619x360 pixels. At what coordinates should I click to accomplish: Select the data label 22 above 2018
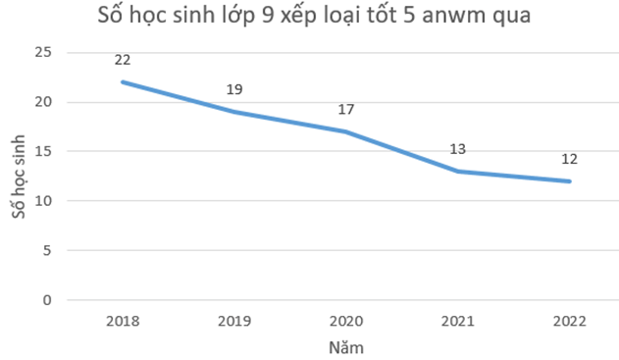pos(123,60)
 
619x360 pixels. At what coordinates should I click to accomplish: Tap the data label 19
pos(234,89)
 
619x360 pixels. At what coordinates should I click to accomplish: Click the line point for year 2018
pos(123,81)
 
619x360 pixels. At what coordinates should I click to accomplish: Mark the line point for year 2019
pos(234,112)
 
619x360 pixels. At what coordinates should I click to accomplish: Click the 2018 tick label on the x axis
pos(123,321)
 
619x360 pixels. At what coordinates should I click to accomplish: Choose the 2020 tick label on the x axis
pos(346,321)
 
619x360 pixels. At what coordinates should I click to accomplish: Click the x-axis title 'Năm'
pos(346,346)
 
